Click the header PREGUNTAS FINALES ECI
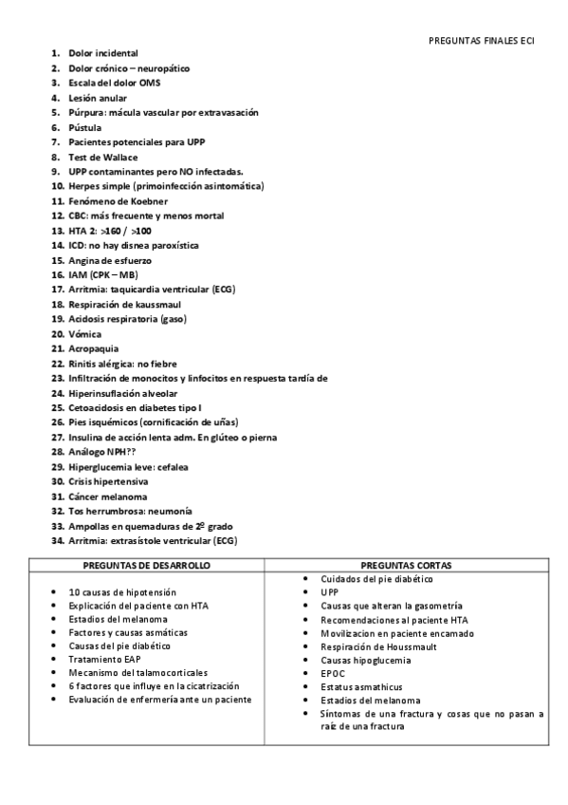tap(482, 41)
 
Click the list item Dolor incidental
tap(103, 53)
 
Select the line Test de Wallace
tap(103, 157)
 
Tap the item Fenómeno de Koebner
tap(119, 201)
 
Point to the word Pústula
tap(85, 127)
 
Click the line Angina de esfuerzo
tap(110, 260)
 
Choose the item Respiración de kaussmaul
tap(124, 304)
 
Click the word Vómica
tap(84, 334)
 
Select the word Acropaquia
tap(94, 348)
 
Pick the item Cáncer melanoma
tap(108, 496)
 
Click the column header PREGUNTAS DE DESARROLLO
tap(147, 565)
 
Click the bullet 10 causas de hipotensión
tap(122, 591)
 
